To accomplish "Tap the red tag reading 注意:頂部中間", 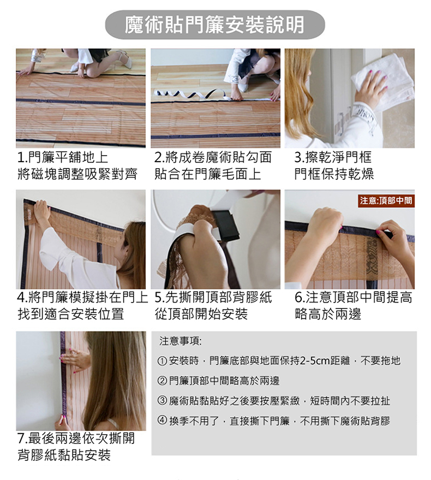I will click(x=386, y=201).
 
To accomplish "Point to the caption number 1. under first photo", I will click(x=22, y=158).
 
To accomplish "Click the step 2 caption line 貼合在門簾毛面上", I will click(x=208, y=174).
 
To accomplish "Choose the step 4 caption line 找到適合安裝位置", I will click(x=71, y=313).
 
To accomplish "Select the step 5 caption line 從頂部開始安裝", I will click(x=201, y=313).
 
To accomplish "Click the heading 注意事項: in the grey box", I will click(x=180, y=342).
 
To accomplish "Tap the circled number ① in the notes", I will click(x=163, y=360).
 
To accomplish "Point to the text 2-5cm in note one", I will click(x=315, y=360).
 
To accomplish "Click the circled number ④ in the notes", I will click(x=163, y=421).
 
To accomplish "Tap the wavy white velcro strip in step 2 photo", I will click(x=191, y=96).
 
